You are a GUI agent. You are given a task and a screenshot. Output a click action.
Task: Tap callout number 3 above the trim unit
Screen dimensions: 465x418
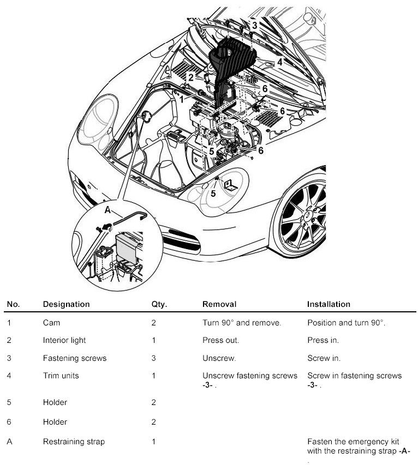point(254,25)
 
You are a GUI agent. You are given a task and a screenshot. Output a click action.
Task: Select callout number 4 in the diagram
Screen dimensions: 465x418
point(279,62)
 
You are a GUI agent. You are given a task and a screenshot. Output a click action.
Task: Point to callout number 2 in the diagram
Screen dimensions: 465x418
point(191,77)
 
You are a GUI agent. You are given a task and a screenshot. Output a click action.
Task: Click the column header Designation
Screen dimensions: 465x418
point(66,304)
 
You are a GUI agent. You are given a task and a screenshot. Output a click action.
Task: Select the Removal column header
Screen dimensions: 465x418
point(219,304)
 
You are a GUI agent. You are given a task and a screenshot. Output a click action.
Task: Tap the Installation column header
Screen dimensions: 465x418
point(329,304)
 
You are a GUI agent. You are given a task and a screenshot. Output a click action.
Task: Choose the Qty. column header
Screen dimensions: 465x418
point(159,304)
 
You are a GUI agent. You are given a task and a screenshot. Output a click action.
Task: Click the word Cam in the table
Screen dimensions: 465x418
point(51,323)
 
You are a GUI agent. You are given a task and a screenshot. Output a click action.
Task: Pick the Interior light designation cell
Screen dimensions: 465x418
point(64,340)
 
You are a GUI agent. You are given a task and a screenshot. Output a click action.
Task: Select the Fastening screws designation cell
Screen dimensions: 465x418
point(74,358)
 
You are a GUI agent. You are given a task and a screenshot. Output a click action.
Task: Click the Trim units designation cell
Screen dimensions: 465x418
point(61,376)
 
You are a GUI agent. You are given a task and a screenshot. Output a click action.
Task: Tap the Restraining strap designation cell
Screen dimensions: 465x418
point(74,442)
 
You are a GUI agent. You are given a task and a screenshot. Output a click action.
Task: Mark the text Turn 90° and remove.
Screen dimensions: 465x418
point(242,323)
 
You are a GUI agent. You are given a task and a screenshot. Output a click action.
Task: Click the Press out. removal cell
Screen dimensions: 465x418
point(220,340)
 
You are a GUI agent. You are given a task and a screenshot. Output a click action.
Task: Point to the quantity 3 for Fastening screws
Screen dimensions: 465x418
point(154,358)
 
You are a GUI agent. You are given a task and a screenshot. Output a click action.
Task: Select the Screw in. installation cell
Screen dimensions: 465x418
point(324,358)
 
